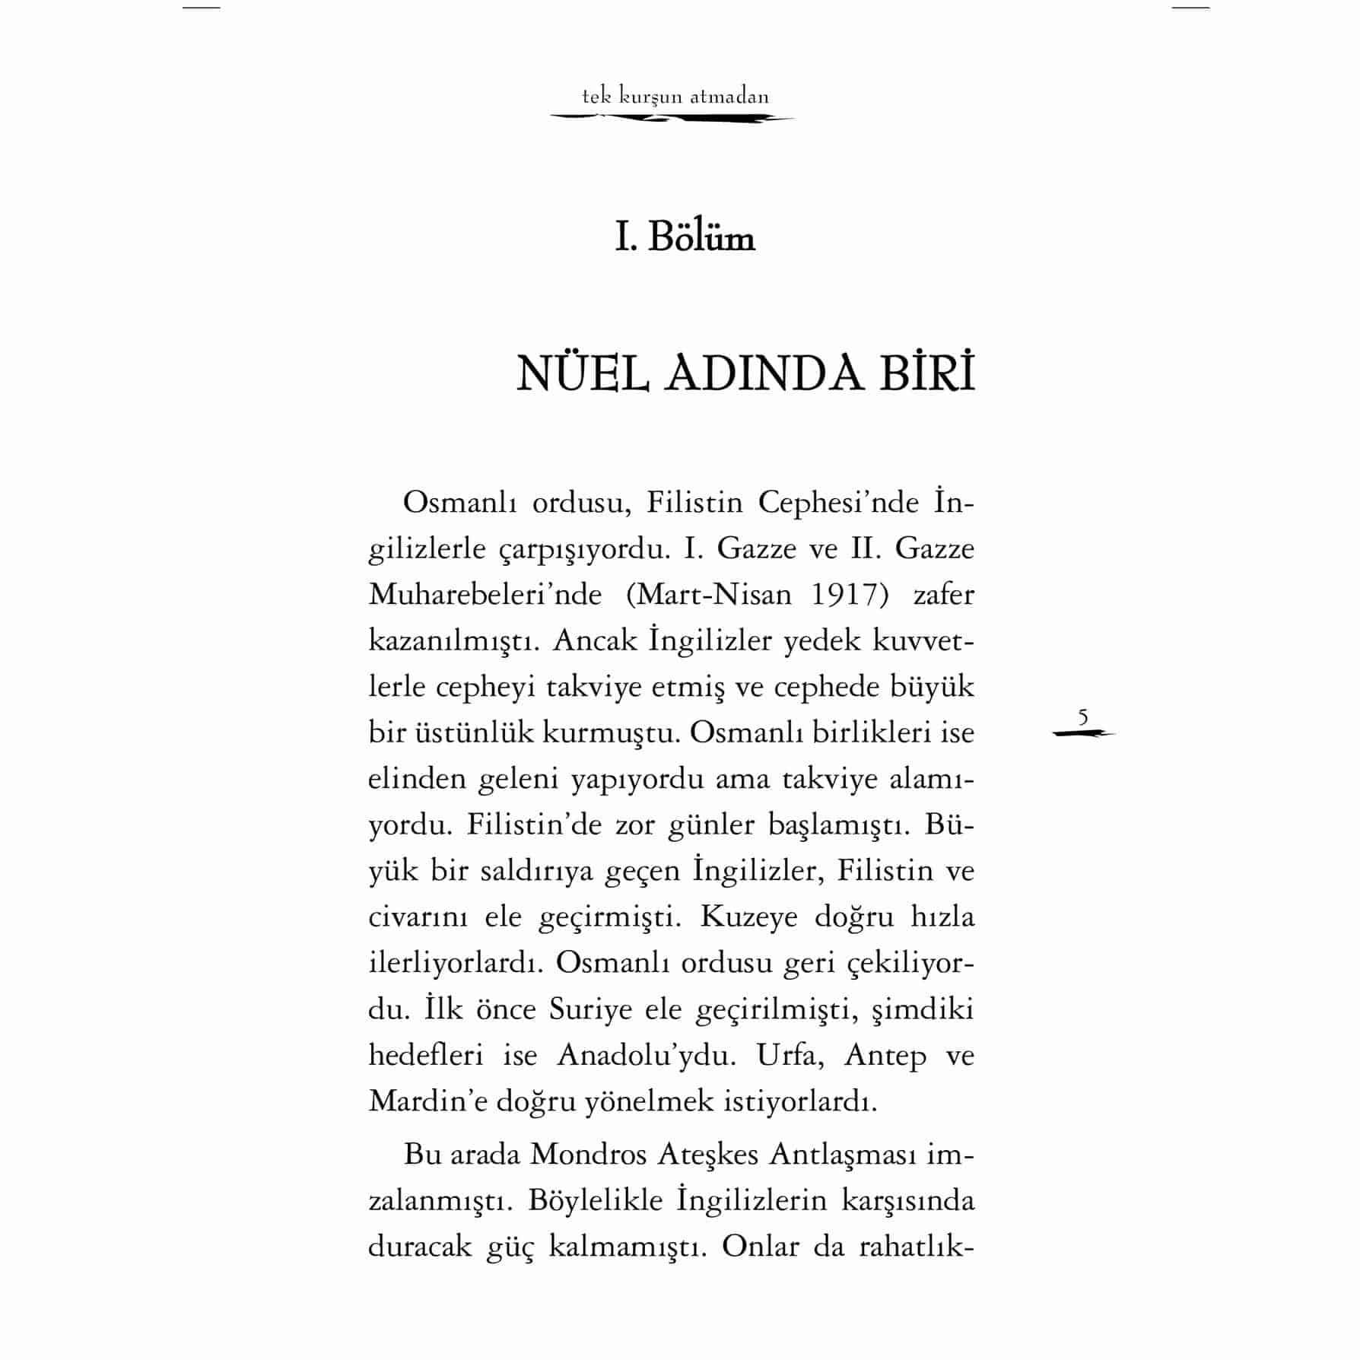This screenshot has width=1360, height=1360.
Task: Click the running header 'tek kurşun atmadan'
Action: click(675, 97)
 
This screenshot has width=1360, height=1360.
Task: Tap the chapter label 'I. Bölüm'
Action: click(685, 238)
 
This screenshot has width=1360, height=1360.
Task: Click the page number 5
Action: click(1083, 717)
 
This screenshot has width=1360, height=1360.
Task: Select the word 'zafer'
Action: click(943, 594)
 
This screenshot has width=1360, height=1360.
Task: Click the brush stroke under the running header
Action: click(672, 118)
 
